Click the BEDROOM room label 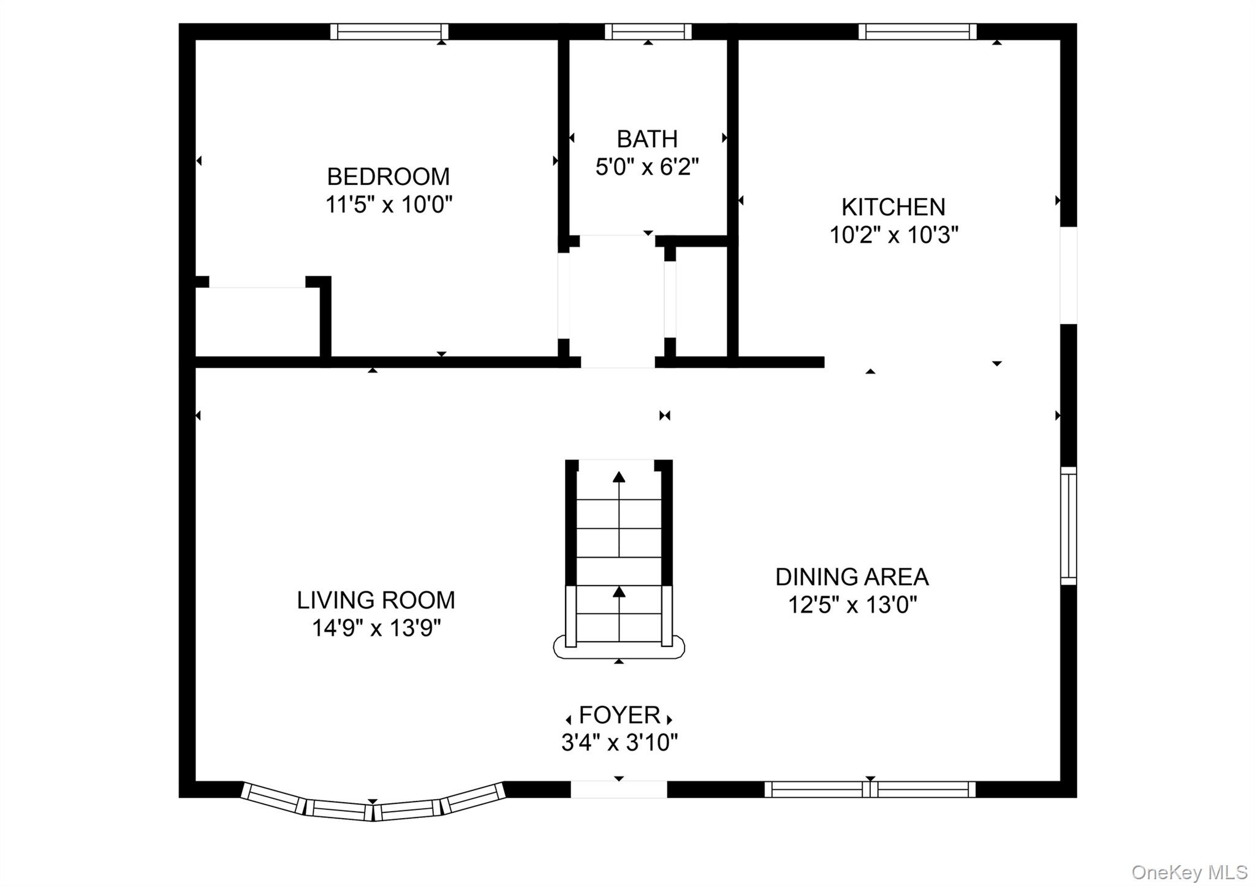(x=389, y=176)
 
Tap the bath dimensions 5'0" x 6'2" (x=647, y=166)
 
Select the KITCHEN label (x=893, y=207)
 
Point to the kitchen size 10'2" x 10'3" (x=893, y=235)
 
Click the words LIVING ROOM (x=376, y=600)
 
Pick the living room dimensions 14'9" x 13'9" (x=376, y=628)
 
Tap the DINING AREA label (x=852, y=577)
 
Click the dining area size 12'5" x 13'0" (x=852, y=605)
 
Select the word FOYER (x=620, y=715)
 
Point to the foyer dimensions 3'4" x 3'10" (x=620, y=743)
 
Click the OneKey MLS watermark (x=1189, y=872)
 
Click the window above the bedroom (x=389, y=31)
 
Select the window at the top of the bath (x=648, y=31)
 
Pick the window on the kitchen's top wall (x=917, y=31)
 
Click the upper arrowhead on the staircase (x=620, y=477)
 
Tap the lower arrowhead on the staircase (x=620, y=591)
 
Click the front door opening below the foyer (x=619, y=789)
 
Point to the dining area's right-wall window (x=1069, y=526)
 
